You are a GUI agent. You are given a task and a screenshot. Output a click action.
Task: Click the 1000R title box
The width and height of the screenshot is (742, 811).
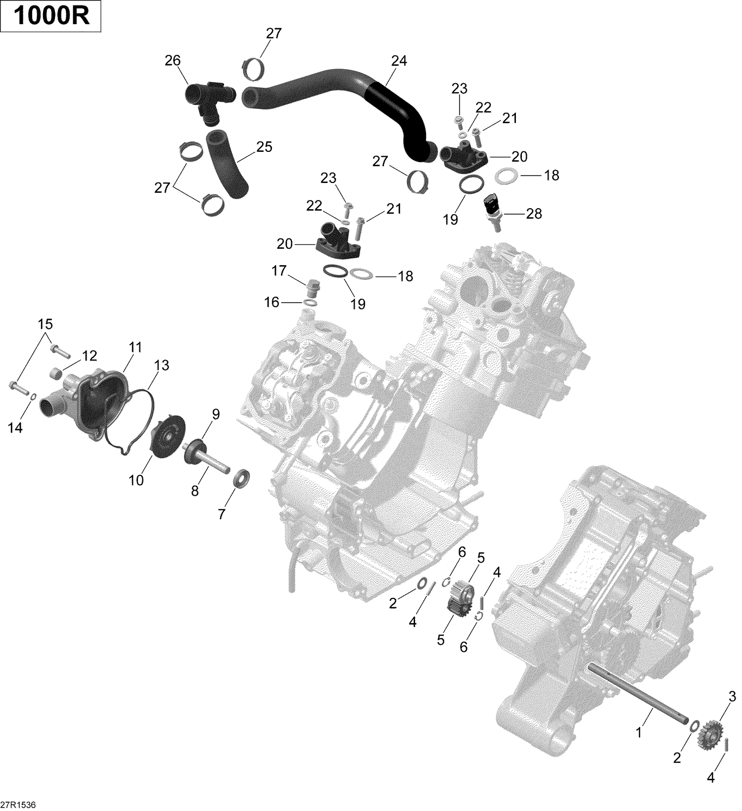click(x=51, y=17)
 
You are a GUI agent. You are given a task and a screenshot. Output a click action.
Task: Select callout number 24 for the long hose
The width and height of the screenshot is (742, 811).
click(x=399, y=61)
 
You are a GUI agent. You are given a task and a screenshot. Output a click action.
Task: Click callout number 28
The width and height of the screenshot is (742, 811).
click(x=534, y=214)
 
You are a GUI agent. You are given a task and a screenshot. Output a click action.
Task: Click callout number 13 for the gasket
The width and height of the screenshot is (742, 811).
click(x=161, y=365)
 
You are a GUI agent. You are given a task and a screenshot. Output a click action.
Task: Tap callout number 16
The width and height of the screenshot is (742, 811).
click(x=272, y=302)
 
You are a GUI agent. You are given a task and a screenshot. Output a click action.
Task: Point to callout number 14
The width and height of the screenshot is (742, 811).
click(x=15, y=428)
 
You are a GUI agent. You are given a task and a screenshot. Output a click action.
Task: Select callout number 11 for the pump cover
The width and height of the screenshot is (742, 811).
click(x=135, y=348)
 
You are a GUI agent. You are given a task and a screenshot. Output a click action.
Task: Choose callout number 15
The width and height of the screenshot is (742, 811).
click(x=45, y=324)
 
